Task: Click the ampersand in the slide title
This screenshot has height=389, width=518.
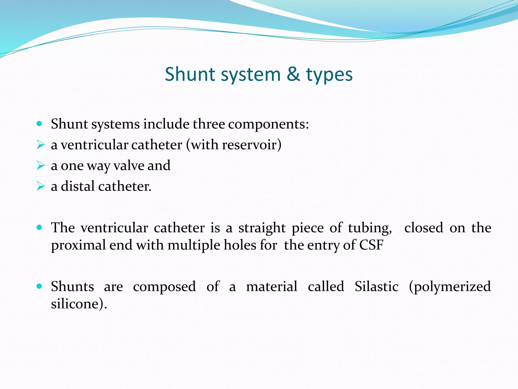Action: tap(293, 74)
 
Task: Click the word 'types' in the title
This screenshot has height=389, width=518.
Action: tap(329, 75)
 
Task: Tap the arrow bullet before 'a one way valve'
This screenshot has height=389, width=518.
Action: tap(40, 165)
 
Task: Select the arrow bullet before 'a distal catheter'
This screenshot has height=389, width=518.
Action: tap(40, 186)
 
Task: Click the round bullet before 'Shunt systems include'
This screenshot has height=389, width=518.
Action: tap(39, 124)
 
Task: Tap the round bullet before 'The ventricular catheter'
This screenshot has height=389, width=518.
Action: tap(39, 227)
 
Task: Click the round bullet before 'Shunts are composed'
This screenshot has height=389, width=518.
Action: tap(39, 286)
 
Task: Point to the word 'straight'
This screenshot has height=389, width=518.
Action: tap(262, 228)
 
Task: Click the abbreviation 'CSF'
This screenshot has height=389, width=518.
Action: tap(371, 245)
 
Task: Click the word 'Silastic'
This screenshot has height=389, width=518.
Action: tap(376, 286)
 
